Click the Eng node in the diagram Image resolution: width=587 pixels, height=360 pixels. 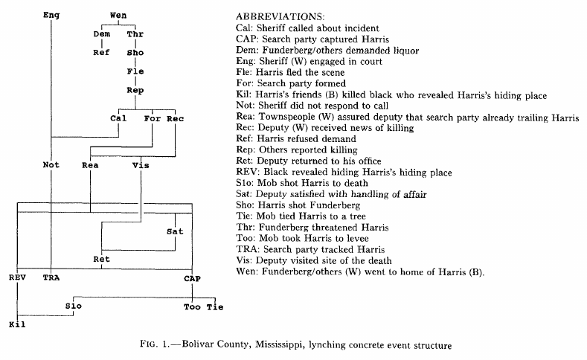tap(51, 15)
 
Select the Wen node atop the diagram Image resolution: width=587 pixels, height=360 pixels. tap(118, 15)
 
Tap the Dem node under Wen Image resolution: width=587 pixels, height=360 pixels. tap(101, 34)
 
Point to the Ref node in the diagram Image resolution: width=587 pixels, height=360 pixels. tap(101, 53)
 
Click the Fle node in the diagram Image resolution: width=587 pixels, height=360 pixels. tap(135, 72)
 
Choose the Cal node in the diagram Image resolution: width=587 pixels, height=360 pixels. tap(118, 118)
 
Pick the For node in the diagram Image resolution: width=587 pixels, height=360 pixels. tap(152, 118)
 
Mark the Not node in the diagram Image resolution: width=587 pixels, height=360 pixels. tap(51, 165)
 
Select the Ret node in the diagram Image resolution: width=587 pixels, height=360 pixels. tap(101, 260)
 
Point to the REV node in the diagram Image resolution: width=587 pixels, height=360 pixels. tap(17, 278)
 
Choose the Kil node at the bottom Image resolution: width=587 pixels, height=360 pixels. tap(17, 325)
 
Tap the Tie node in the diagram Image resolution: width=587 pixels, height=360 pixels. tap(214, 306)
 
